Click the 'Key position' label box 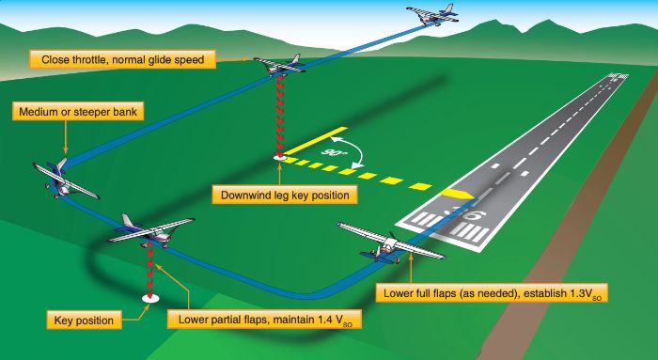[85, 321]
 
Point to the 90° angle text [335, 150]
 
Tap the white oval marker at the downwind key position [279, 158]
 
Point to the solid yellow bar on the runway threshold [458, 192]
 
